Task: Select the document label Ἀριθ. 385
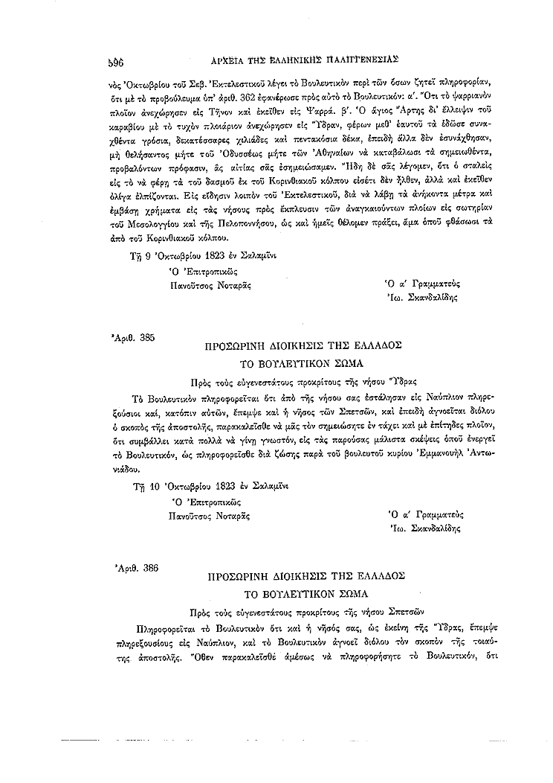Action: [132, 338]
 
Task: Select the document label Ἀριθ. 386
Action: [132, 568]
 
